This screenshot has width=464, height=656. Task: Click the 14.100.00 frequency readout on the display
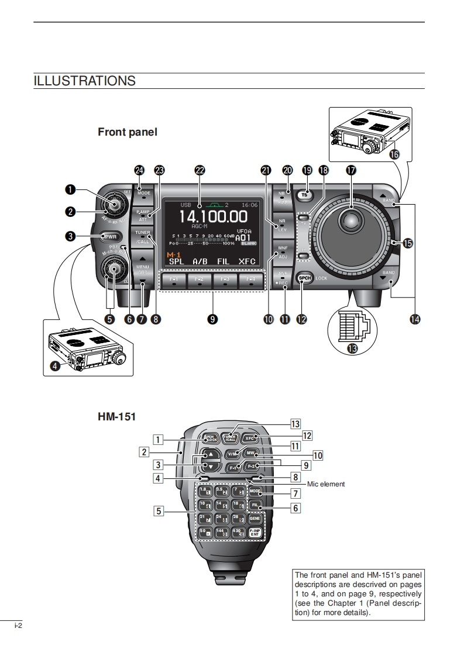[x=213, y=217]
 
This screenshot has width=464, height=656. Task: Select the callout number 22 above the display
[x=200, y=170]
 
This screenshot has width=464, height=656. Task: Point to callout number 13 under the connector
[x=352, y=348]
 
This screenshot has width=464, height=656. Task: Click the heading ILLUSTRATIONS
[x=85, y=81]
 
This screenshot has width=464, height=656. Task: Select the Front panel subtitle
[x=128, y=132]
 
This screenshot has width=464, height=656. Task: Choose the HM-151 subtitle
[x=116, y=417]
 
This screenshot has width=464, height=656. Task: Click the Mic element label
[x=326, y=484]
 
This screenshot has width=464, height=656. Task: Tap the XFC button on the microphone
[x=250, y=438]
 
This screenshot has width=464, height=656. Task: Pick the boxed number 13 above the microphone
[x=295, y=424]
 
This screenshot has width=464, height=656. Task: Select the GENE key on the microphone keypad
[x=255, y=518]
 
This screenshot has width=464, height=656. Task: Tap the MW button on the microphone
[x=251, y=453]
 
